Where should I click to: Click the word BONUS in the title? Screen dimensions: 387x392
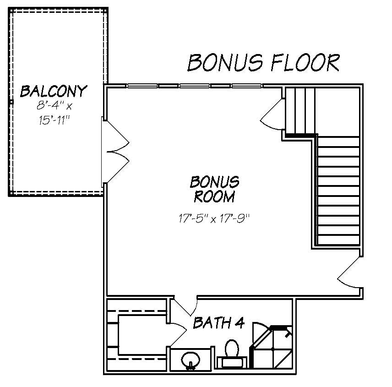(225, 63)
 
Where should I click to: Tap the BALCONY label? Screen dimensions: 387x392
(53, 91)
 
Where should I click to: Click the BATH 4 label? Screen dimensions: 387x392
(218, 323)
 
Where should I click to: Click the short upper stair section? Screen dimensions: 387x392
(300, 110)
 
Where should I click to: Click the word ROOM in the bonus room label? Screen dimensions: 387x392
(214, 197)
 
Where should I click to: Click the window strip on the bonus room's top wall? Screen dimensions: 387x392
(195, 86)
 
